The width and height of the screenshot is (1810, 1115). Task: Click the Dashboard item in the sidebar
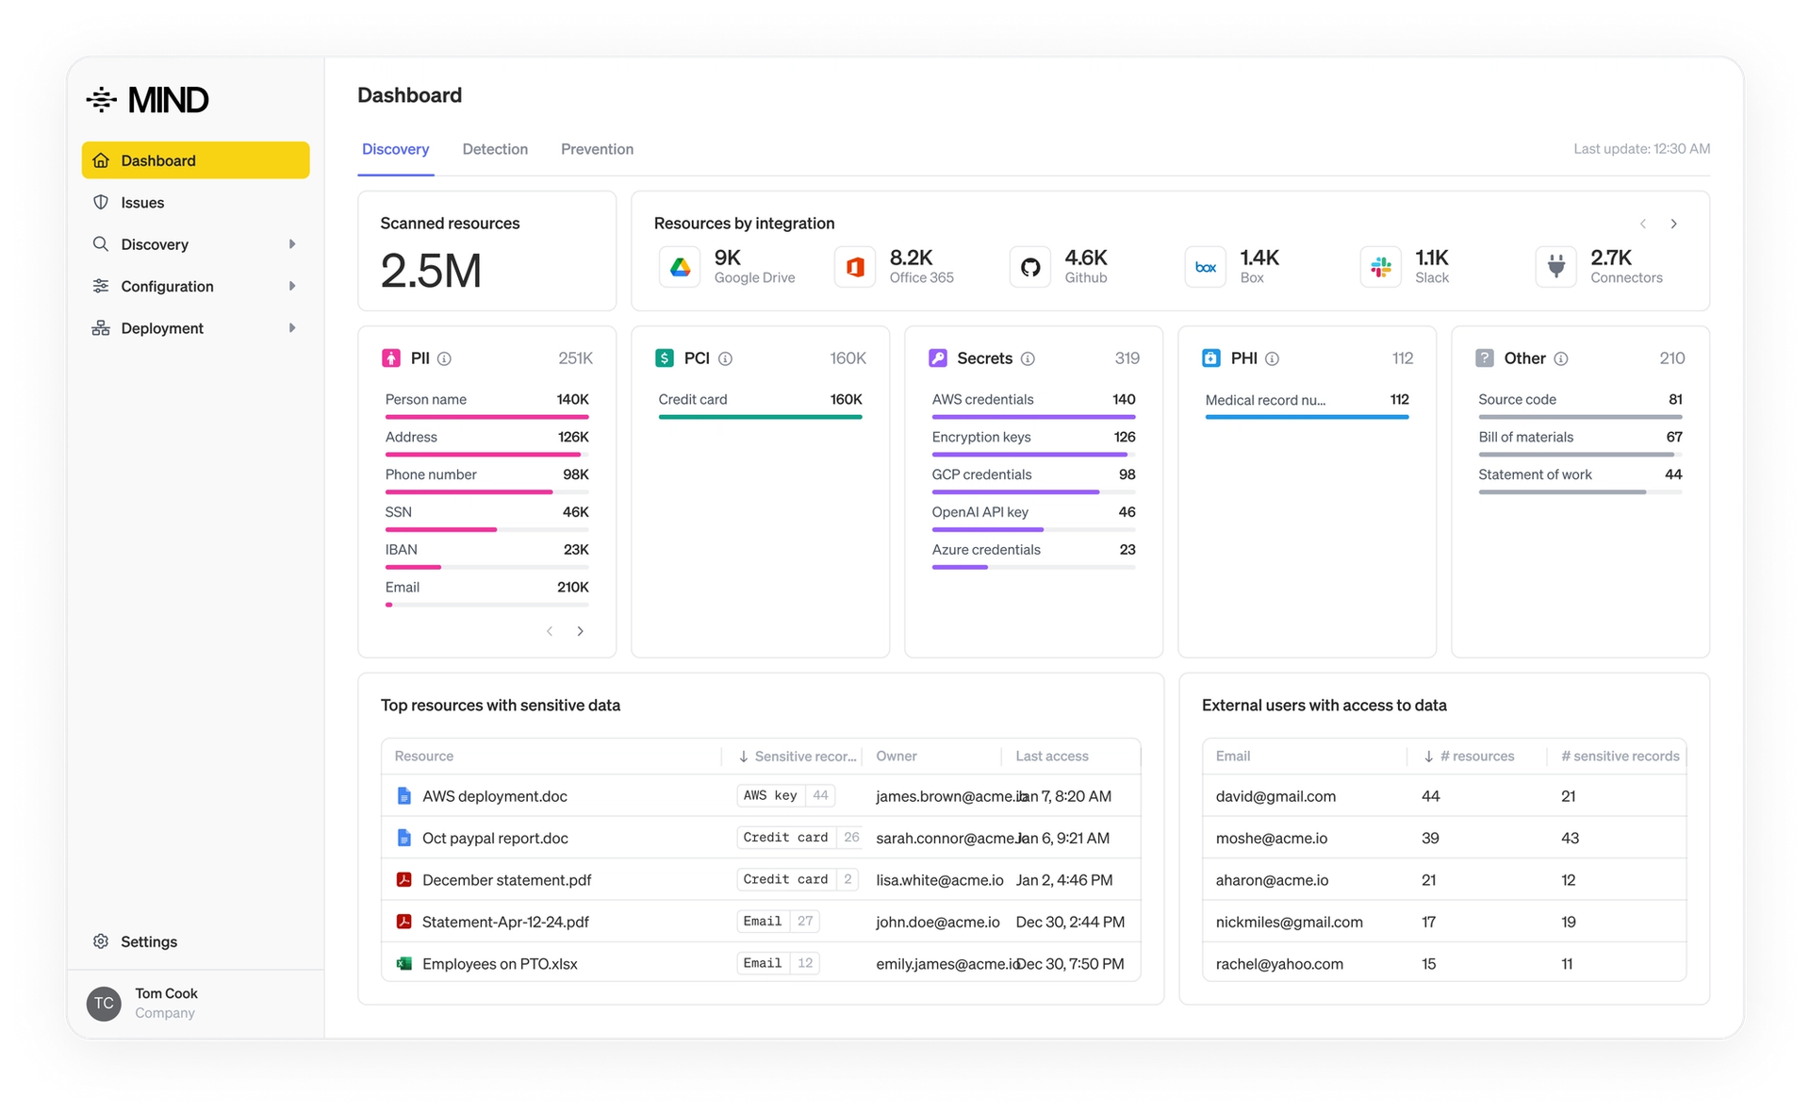pos(195,160)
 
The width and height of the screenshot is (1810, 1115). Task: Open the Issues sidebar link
pos(141,203)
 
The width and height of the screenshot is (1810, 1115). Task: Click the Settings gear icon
pos(101,941)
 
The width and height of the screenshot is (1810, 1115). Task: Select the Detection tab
pos(495,149)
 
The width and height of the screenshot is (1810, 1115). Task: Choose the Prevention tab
pos(597,149)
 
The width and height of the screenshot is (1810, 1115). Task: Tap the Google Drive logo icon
pos(680,268)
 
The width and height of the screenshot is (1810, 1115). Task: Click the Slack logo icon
pos(1381,268)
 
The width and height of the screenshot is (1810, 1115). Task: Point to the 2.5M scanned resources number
pos(431,272)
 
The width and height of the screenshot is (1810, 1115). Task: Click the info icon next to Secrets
pos(1028,358)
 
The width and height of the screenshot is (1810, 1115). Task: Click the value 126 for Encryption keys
pos(1124,437)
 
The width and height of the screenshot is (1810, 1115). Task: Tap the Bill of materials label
pos(1525,437)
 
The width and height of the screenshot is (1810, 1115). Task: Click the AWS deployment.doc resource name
pos(494,796)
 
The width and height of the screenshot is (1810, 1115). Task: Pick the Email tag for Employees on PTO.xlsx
pos(762,963)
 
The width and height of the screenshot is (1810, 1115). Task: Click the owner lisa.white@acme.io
pos(939,880)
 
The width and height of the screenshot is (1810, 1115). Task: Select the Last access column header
pos(1051,757)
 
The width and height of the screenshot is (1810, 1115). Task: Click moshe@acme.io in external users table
pos(1271,838)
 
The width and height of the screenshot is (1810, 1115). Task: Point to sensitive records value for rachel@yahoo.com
pos(1567,964)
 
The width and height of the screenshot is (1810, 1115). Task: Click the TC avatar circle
pos(104,1004)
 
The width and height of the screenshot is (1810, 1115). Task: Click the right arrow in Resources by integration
pos(1673,225)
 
